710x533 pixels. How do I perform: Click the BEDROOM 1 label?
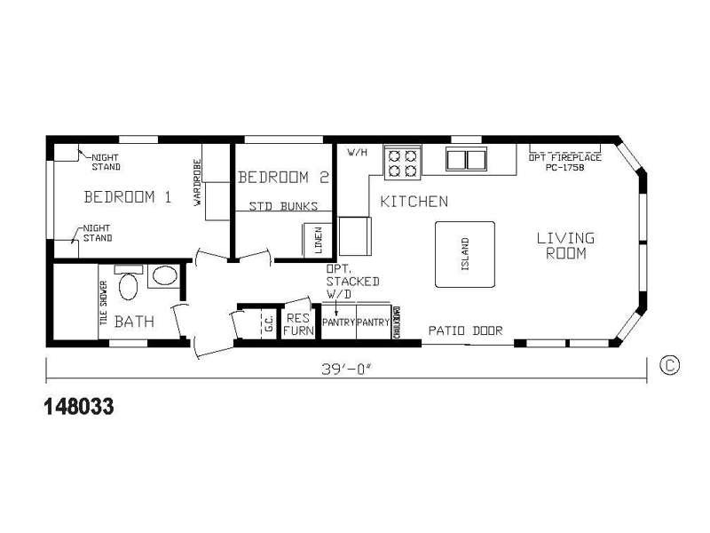(x=127, y=196)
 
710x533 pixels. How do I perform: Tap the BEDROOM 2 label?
(x=284, y=177)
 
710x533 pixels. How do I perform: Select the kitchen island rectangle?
(x=464, y=253)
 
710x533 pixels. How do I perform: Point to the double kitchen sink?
(x=467, y=161)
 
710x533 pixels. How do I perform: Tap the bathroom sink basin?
(x=163, y=275)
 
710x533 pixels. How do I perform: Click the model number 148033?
(x=78, y=407)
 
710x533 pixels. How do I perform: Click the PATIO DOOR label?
(x=465, y=330)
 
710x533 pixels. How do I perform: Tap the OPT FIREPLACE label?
(x=564, y=157)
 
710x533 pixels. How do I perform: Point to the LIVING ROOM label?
(x=565, y=245)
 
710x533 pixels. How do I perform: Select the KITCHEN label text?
(x=414, y=202)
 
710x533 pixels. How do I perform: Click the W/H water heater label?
(x=357, y=152)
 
